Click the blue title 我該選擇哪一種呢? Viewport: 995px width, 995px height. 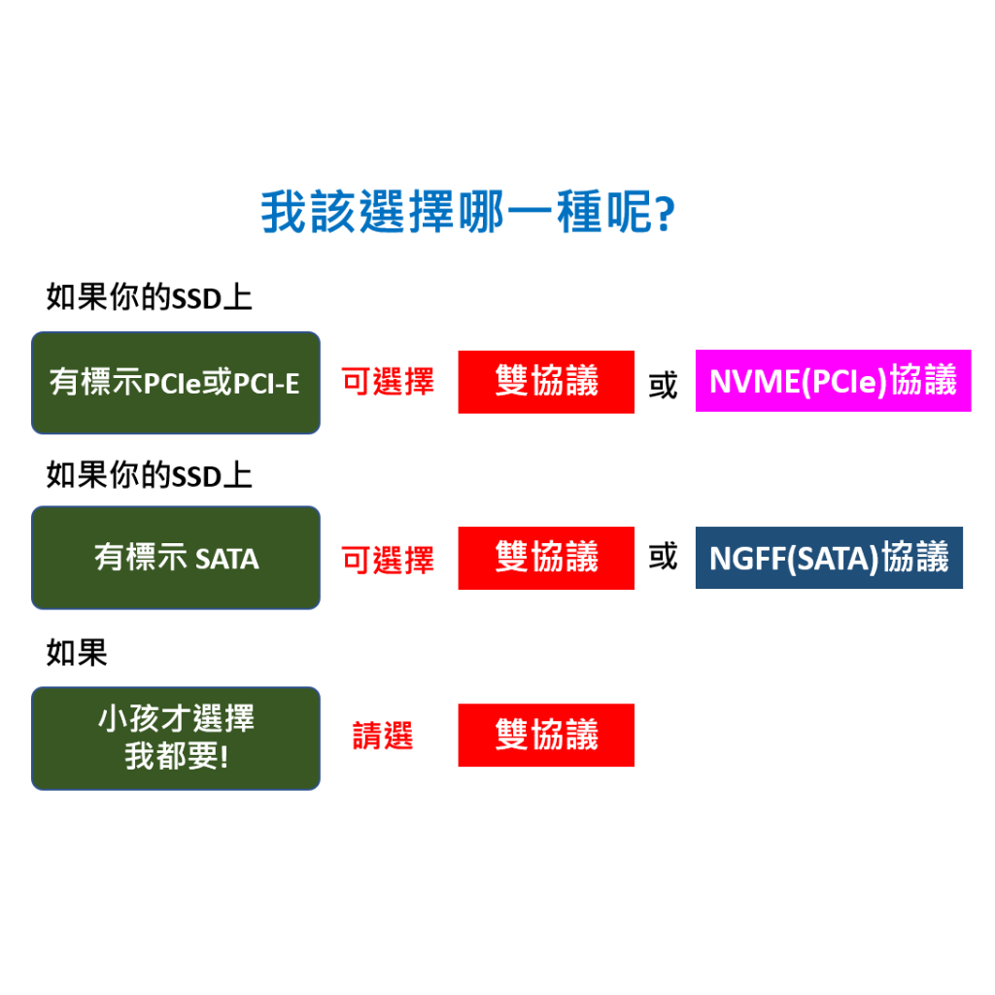[466, 212]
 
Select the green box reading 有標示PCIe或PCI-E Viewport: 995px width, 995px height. [176, 383]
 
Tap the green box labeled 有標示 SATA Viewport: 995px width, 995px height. [176, 558]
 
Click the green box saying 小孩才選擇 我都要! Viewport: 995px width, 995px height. [176, 738]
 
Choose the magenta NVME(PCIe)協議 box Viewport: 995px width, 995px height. [833, 381]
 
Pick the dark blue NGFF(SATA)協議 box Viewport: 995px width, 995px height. [829, 558]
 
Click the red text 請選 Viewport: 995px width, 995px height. [382, 737]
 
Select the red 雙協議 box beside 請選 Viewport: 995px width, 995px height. [546, 736]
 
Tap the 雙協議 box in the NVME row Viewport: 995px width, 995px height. [546, 382]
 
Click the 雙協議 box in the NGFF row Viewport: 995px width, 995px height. [546, 558]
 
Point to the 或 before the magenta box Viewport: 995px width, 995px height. [663, 385]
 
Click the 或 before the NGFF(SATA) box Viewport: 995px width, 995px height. [663, 557]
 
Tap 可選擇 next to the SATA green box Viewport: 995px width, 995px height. [388, 561]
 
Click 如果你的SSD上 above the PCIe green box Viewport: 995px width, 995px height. [149, 297]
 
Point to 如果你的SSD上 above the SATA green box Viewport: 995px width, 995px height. [149, 476]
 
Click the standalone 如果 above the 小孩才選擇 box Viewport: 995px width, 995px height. [77, 653]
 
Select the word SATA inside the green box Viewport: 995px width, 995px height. [227, 560]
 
